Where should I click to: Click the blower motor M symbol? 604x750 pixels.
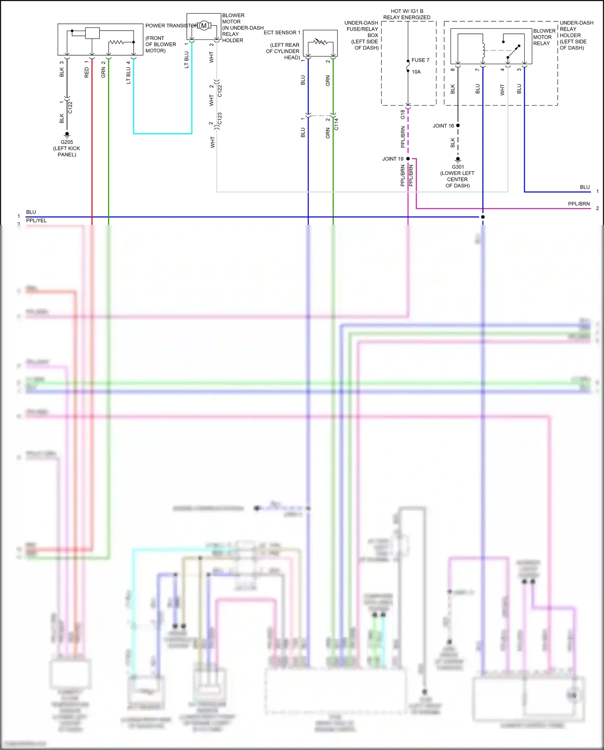[x=204, y=26]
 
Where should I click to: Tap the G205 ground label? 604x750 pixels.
[x=67, y=142]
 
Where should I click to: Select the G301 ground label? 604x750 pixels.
[x=458, y=167]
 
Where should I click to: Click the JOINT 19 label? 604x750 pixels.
[x=393, y=159]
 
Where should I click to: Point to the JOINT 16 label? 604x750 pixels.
[x=443, y=126]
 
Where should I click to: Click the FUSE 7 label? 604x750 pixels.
[x=420, y=60]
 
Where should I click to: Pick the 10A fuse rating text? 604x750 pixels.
[x=416, y=72]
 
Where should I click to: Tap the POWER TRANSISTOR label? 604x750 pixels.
[x=172, y=26]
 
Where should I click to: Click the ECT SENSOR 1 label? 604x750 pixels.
[x=282, y=33]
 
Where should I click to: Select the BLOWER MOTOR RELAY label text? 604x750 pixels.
[x=544, y=37]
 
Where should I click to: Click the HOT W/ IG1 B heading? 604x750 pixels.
[x=407, y=11]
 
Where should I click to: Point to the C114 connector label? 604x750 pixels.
[x=336, y=124]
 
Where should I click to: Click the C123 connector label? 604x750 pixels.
[x=219, y=118]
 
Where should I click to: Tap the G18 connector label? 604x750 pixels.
[x=403, y=114]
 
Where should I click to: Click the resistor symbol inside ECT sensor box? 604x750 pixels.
[x=321, y=42]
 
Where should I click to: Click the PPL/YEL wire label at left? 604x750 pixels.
[x=36, y=220]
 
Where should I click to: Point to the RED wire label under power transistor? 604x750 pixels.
[x=87, y=73]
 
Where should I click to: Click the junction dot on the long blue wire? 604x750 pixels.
[x=483, y=217]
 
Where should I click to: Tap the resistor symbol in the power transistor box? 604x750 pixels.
[x=117, y=42]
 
